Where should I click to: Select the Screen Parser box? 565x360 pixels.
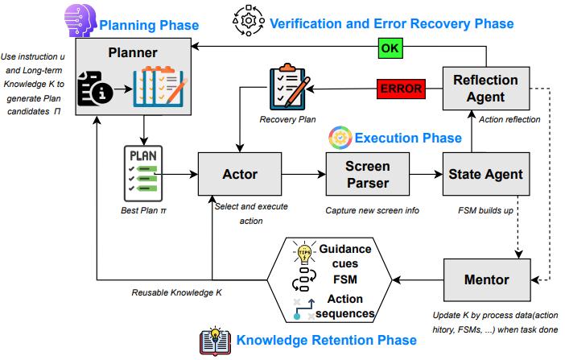(x=368, y=173)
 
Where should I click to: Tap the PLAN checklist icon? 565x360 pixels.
(x=142, y=174)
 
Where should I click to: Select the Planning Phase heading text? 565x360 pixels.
(x=149, y=25)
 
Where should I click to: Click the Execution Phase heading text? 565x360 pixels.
(x=408, y=138)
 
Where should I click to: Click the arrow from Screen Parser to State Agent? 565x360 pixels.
(x=426, y=173)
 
